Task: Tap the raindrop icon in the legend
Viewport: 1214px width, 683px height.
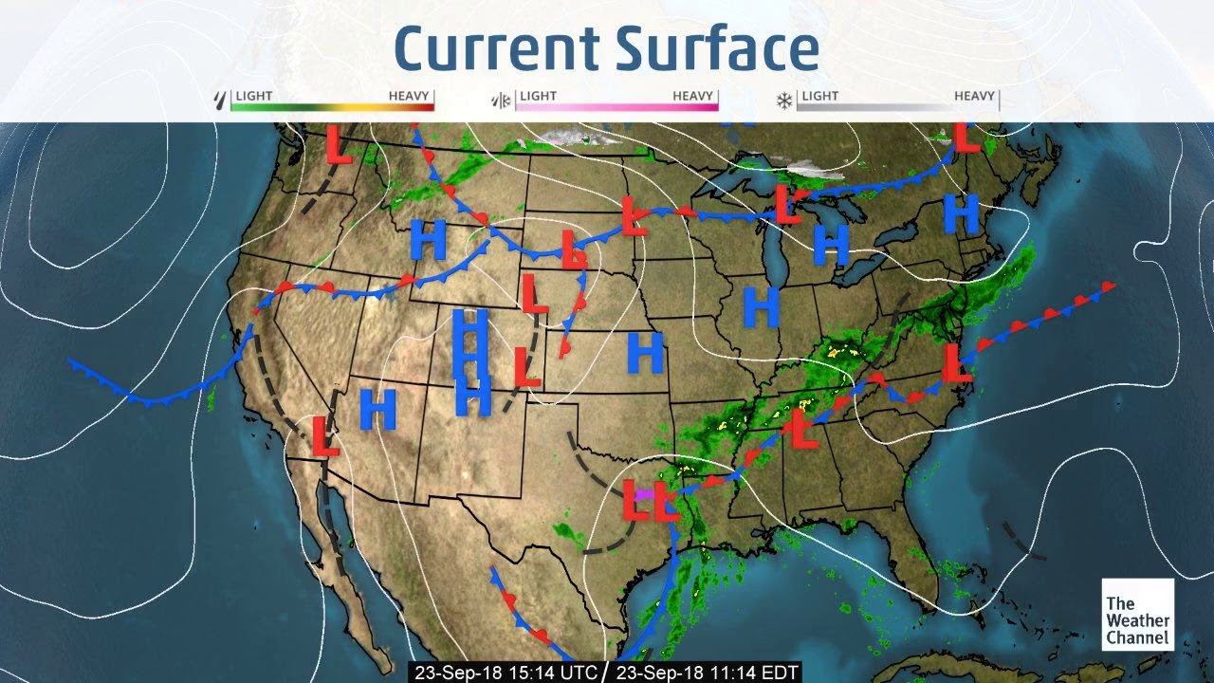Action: tap(222, 99)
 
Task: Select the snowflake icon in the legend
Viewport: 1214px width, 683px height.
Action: tap(784, 100)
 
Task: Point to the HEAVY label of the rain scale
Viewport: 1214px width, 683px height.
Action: tap(409, 96)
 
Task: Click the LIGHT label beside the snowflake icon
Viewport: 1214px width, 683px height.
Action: tap(819, 96)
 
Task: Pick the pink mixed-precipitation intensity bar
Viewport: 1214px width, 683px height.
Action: tap(616, 106)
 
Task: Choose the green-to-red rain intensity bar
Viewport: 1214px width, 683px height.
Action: tap(333, 106)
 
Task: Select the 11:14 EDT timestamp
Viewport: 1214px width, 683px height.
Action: tap(707, 672)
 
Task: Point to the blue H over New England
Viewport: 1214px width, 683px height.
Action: tap(962, 214)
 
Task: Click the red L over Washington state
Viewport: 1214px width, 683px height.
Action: tap(339, 143)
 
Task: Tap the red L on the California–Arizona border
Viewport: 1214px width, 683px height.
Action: tap(325, 435)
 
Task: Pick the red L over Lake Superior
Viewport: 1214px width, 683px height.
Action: tap(786, 204)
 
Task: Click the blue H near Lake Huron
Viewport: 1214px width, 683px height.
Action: tap(832, 245)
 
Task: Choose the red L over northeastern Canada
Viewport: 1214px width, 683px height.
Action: tap(966, 137)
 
